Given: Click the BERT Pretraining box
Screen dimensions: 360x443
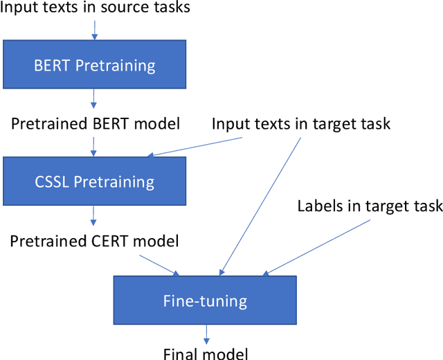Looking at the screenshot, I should tap(95, 66).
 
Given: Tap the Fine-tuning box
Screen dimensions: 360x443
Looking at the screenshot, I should tap(204, 300).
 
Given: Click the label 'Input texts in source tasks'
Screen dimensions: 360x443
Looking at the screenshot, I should tap(95, 8).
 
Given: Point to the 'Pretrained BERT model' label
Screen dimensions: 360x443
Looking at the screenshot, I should tap(95, 125).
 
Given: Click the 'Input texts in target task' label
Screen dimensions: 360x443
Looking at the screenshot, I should tap(301, 125).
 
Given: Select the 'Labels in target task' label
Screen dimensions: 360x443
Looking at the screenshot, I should tap(370, 206).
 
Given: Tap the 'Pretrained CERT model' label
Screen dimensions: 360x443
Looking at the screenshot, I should tap(95, 241).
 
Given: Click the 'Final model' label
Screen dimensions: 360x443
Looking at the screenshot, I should tap(206, 354).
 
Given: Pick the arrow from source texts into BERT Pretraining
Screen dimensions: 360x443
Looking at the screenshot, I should tap(95, 28).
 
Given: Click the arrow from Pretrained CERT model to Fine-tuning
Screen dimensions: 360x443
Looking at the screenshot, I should tap(159, 264).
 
